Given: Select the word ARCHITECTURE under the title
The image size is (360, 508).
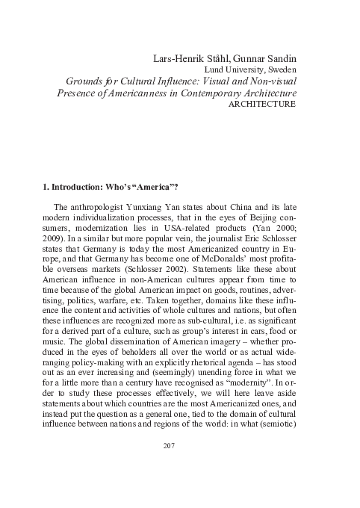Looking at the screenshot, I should click(255, 106).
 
